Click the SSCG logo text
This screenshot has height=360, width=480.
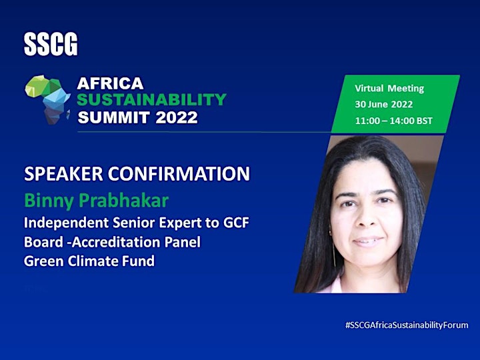click(51, 45)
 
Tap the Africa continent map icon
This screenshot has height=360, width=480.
click(48, 99)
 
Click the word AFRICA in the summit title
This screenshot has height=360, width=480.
click(110, 83)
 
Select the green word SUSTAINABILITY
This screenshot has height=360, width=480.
click(151, 99)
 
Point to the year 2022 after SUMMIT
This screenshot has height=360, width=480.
click(177, 117)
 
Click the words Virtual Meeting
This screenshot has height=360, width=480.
click(389, 89)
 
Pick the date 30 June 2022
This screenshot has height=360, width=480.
click(384, 105)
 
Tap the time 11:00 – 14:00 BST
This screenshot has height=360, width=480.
click(394, 121)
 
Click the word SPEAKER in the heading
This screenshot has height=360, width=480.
click(63, 173)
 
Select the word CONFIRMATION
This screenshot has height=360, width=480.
click(179, 173)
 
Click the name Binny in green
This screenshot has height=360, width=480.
click(49, 201)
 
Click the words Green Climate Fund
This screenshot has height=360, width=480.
click(89, 261)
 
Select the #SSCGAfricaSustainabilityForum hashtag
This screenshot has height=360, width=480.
click(407, 325)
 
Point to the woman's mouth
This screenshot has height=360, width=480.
click(367, 241)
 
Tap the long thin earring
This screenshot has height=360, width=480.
click(333, 248)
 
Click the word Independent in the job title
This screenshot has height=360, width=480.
click(66, 223)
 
